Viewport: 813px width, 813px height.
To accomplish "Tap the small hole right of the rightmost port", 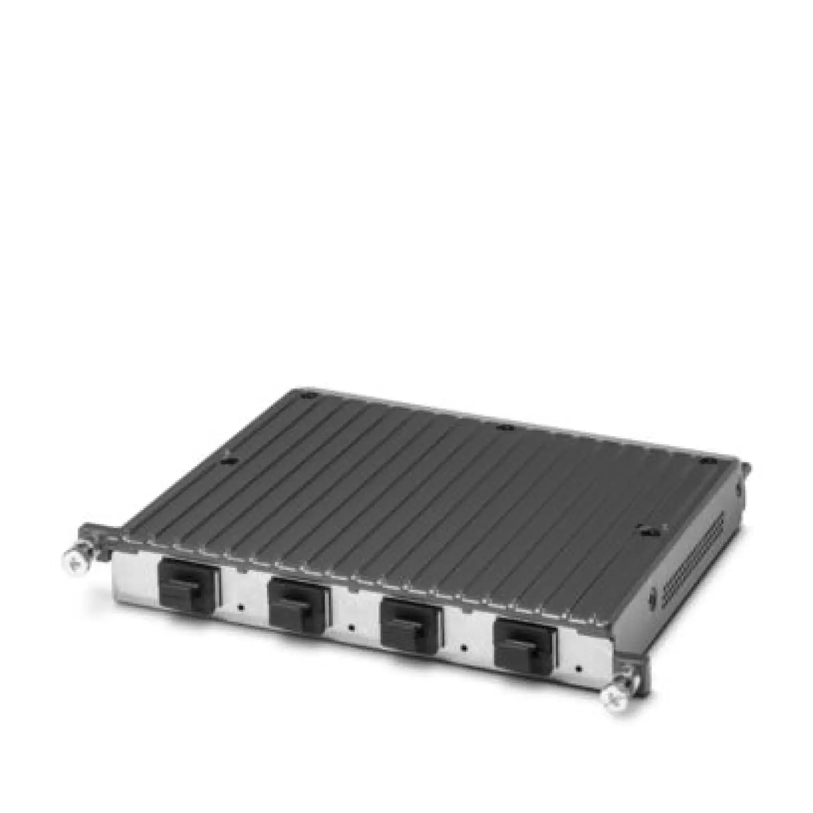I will tap(580, 668).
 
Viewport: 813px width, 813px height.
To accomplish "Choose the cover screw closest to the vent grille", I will tap(644, 531).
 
